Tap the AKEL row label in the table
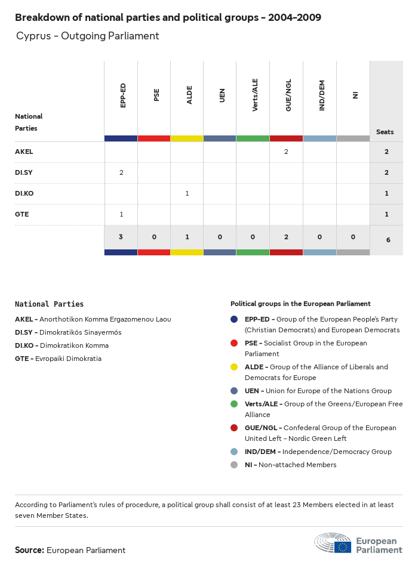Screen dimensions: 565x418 (x=24, y=152)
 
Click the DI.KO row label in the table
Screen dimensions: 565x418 (x=25, y=194)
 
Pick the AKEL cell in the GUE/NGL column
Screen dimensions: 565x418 (x=286, y=152)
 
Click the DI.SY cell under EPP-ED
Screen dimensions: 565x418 (x=121, y=173)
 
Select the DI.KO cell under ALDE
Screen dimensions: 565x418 (x=188, y=194)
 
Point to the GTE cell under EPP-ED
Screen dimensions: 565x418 (x=121, y=215)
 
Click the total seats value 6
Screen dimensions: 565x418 (x=386, y=240)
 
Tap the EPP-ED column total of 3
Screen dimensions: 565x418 (x=121, y=237)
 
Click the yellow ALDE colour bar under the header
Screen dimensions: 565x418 (x=187, y=138)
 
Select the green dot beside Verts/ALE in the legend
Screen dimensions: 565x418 (x=235, y=404)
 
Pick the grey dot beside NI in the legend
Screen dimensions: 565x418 (x=235, y=465)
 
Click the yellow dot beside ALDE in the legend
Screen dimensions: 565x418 (x=235, y=367)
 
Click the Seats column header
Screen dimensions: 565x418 (x=385, y=132)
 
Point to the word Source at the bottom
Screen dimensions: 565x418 (x=29, y=550)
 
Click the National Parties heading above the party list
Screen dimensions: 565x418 (x=50, y=304)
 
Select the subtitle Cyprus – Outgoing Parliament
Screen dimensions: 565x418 (x=88, y=36)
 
